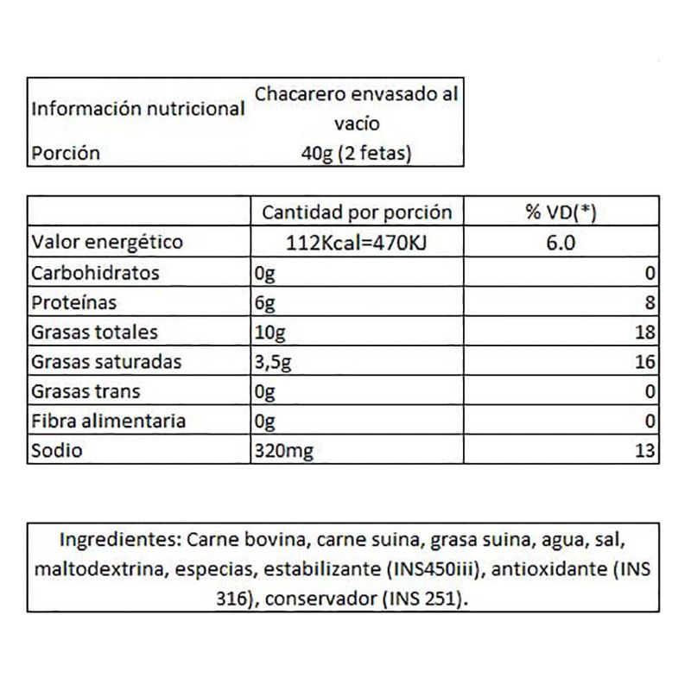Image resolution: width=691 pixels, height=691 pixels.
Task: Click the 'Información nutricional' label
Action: point(137,110)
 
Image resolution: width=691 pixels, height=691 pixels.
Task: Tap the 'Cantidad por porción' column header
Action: point(357,212)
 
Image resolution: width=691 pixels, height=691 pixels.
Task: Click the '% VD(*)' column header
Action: point(560,212)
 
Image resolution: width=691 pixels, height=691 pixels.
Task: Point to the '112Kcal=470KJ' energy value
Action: point(357,243)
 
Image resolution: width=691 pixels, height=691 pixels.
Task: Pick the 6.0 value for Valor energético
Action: point(560,243)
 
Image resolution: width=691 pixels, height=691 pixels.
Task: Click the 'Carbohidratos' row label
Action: point(95,273)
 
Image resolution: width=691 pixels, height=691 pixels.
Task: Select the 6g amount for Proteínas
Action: point(264,303)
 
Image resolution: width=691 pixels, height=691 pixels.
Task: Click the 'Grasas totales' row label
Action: point(93,333)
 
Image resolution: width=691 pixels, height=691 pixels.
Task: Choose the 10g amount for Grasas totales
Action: point(269,333)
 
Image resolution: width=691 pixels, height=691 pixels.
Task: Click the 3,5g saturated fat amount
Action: point(274,362)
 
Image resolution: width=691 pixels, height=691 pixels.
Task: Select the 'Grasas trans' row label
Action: point(84,392)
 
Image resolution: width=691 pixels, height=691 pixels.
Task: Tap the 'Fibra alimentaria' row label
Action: point(107,422)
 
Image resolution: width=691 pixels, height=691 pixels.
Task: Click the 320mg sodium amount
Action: point(281,451)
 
